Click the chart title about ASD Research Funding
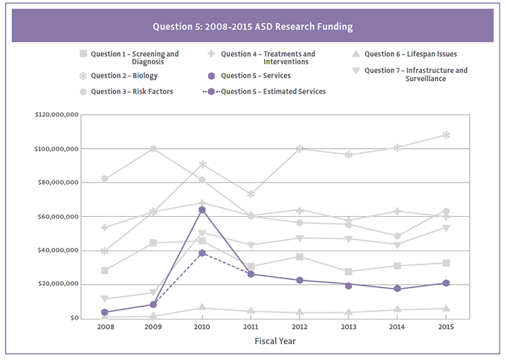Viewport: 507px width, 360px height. [253, 27]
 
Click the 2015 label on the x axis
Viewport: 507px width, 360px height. [445, 327]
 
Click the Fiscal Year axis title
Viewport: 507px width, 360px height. [275, 341]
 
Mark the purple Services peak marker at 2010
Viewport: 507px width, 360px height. [202, 210]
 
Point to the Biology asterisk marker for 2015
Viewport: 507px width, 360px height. [445, 135]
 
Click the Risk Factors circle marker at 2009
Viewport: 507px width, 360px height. [153, 149]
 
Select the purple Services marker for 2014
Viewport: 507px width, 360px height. [397, 288]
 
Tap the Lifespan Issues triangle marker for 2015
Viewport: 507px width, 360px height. [445, 308]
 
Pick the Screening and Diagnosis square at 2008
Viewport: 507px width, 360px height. [105, 270]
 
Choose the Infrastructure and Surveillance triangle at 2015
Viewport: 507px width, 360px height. [445, 228]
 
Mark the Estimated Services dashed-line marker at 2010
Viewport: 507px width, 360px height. [202, 253]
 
